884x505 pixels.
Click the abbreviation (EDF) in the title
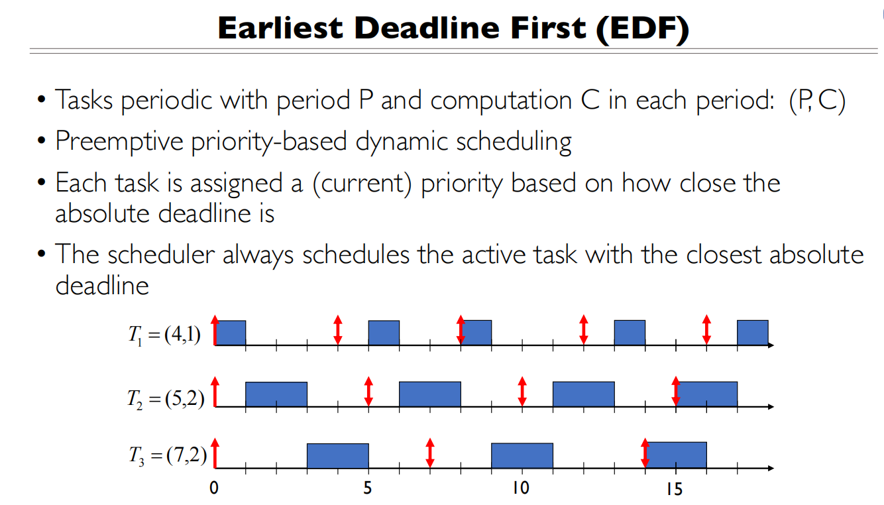point(643,28)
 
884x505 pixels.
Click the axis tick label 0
point(214,489)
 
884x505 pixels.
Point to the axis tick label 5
point(368,489)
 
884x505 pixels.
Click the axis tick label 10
point(521,489)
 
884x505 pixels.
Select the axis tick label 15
point(675,489)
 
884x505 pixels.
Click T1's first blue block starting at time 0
point(230,333)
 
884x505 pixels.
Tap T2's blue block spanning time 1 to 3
point(276,394)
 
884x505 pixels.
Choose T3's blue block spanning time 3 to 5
point(337,455)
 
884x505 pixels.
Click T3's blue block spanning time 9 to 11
point(522,455)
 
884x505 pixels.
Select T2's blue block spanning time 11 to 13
point(583,394)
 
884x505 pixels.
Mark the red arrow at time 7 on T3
point(429,452)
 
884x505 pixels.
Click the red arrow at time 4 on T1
point(337,329)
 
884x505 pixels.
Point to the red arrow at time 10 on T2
point(522,391)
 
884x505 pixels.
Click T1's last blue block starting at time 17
point(752,333)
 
